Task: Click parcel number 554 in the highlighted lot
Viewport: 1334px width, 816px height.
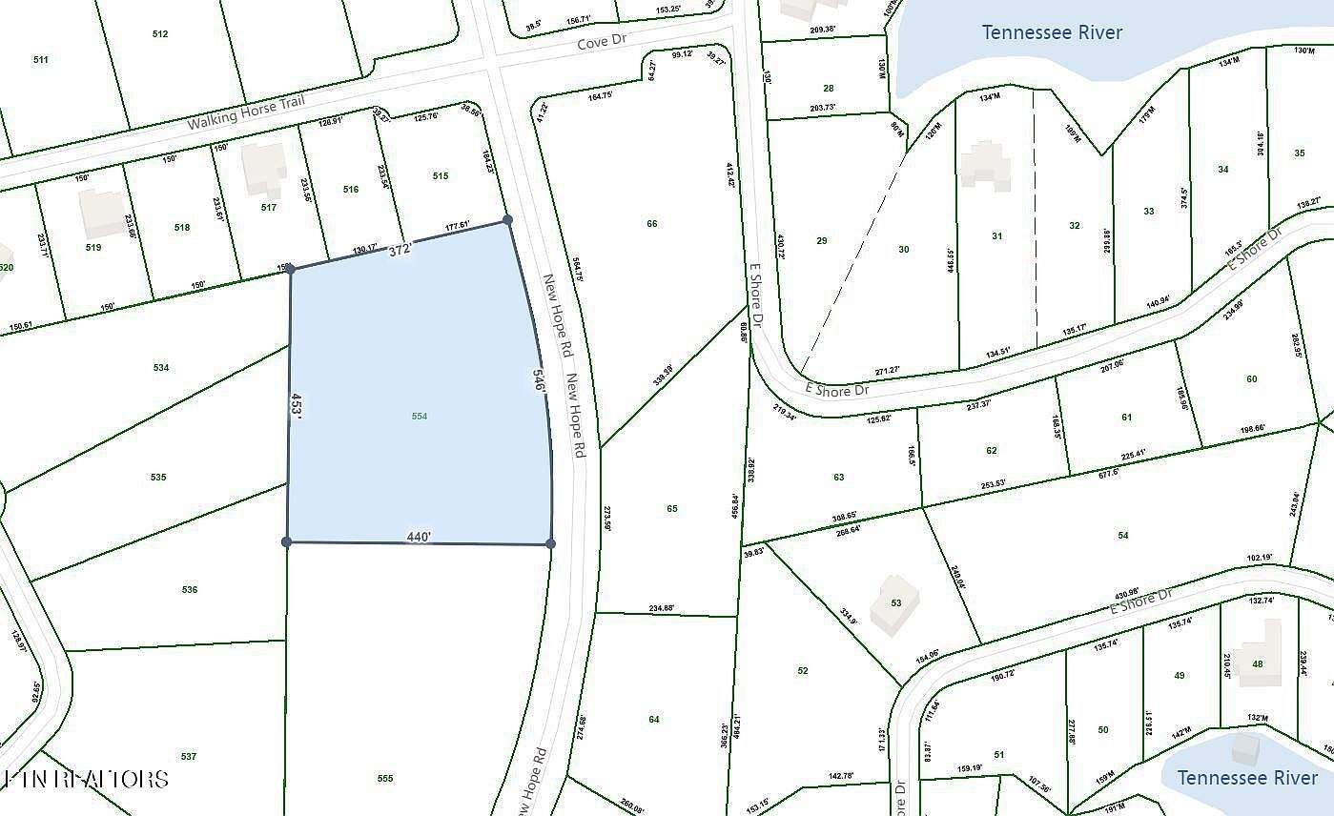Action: coord(420,417)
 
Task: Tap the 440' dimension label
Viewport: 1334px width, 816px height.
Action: coord(420,537)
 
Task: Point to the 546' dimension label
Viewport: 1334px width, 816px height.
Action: coord(539,380)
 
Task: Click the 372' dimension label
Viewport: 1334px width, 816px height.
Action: coord(400,250)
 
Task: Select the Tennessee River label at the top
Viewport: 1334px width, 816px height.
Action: coord(1052,33)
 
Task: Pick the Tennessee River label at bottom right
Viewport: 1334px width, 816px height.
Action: coord(1247,778)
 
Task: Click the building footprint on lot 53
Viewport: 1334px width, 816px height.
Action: coord(894,604)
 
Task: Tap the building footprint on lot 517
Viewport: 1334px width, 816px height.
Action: coord(263,169)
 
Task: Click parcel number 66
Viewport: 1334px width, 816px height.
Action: coord(652,224)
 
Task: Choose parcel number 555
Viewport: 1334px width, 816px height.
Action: coord(385,779)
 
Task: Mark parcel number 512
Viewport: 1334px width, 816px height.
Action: coord(160,34)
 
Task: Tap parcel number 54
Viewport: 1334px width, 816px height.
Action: coord(1123,536)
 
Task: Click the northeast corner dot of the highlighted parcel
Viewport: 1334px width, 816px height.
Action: coord(507,220)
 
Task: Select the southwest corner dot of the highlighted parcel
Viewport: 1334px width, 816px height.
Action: coord(287,542)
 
